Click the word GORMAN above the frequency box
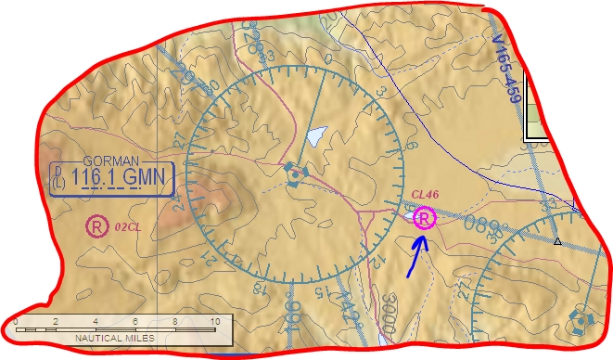point(109,159)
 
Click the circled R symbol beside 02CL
point(95,225)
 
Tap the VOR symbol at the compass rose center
point(295,173)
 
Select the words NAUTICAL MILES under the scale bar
point(114,339)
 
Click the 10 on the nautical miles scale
point(215,321)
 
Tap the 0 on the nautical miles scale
point(16,321)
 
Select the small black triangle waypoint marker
point(557,241)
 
